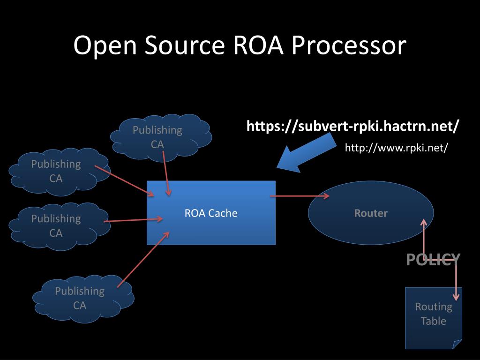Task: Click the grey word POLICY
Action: [x=433, y=259]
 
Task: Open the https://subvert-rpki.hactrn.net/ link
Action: [x=353, y=126]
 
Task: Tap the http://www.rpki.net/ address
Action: [x=397, y=148]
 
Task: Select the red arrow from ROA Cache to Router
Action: [x=300, y=196]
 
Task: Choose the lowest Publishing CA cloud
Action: [x=82, y=298]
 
